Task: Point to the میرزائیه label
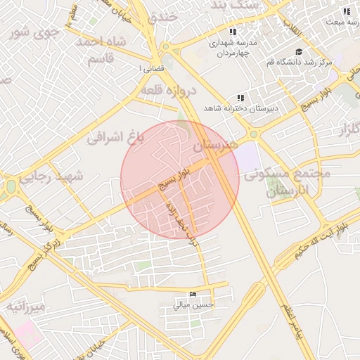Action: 27,307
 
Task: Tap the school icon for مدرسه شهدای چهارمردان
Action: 233,32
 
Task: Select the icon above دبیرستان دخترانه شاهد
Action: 241,98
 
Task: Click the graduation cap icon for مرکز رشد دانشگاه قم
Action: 298,51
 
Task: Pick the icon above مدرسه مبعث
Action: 346,12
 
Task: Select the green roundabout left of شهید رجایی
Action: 10,187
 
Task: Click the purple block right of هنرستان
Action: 246,156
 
